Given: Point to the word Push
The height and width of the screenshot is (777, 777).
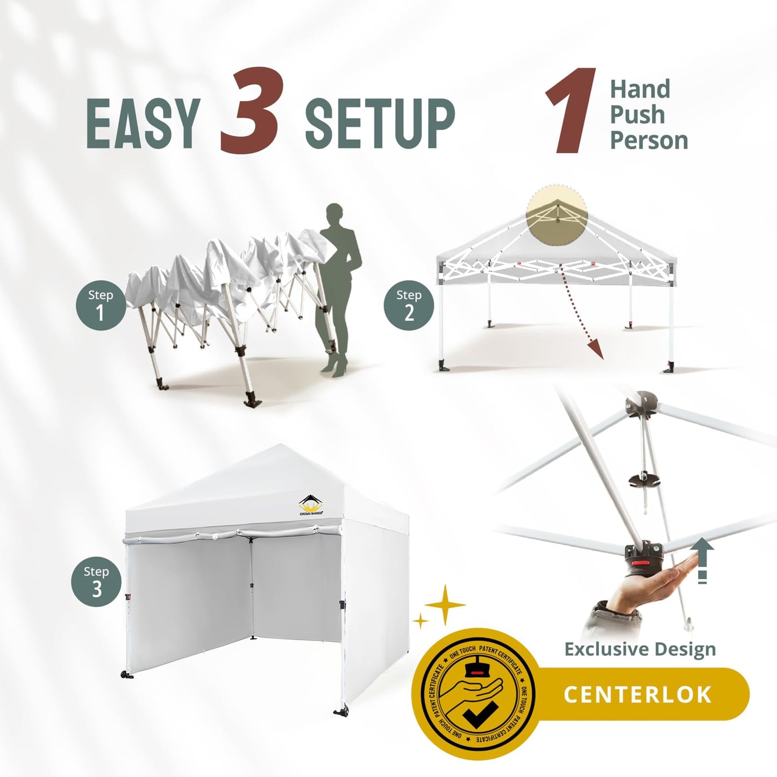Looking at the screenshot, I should pyautogui.click(x=637, y=115).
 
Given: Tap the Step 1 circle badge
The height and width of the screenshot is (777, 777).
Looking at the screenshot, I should pyautogui.click(x=101, y=306).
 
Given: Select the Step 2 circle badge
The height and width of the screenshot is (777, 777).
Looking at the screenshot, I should pyautogui.click(x=409, y=306).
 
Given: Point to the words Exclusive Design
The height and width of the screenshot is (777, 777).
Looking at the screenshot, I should pyautogui.click(x=640, y=649).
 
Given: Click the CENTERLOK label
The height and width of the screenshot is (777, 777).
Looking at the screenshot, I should pyautogui.click(x=638, y=694).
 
